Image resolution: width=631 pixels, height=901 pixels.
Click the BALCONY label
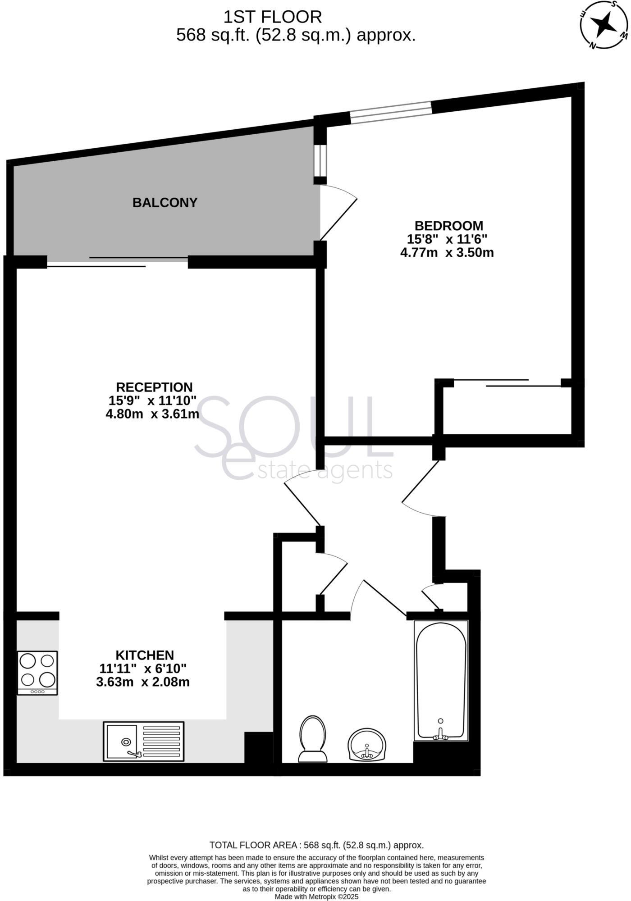click(165, 203)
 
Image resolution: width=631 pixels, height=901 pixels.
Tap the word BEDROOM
click(448, 225)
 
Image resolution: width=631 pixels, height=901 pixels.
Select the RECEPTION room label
click(154, 387)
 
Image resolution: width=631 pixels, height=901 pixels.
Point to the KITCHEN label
click(145, 655)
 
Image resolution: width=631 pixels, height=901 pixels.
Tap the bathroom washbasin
click(367, 745)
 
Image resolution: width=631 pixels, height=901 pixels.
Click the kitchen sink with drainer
click(144, 741)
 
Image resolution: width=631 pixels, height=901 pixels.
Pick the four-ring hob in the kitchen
click(37, 673)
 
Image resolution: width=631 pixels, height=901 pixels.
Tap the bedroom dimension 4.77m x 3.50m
click(447, 252)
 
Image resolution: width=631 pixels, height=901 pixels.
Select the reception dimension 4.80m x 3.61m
click(152, 414)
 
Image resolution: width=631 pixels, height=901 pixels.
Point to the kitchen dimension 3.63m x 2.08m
click(143, 682)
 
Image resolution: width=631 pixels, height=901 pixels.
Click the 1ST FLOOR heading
click(273, 17)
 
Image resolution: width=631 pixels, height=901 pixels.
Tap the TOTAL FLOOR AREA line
click(316, 845)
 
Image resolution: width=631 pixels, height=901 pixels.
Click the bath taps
click(440, 737)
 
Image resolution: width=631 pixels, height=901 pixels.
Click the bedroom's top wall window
click(391, 112)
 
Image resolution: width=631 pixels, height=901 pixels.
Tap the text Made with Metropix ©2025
click(316, 897)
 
